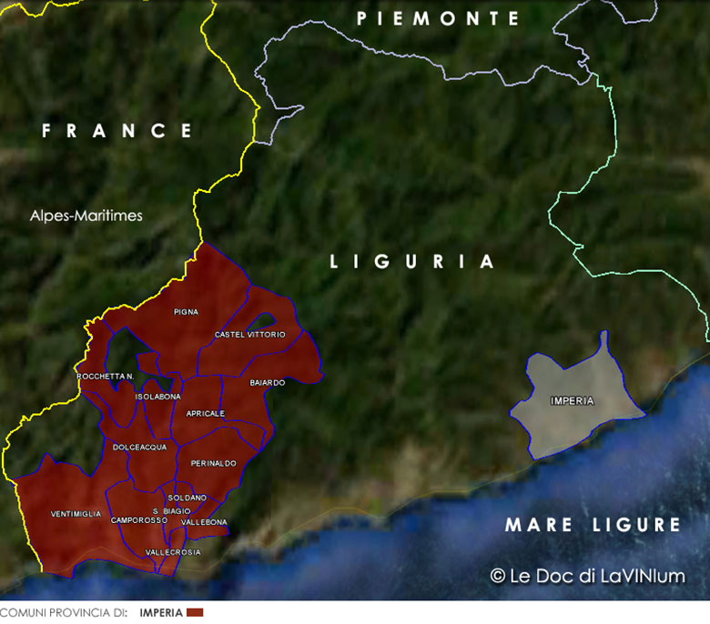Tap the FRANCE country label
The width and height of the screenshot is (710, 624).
tap(117, 131)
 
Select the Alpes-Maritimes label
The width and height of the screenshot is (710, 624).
tap(86, 216)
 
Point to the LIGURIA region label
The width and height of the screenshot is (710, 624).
tap(412, 262)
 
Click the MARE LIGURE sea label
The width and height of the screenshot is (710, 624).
tap(593, 525)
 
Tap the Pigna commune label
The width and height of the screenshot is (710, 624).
tap(186, 312)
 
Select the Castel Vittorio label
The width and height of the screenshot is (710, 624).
tap(249, 335)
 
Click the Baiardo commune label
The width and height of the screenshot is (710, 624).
tap(267, 383)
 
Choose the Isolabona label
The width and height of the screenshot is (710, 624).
tap(157, 397)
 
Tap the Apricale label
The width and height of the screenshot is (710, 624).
tap(205, 413)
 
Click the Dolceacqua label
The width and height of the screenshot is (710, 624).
tap(139, 448)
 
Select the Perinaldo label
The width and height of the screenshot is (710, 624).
tap(214, 464)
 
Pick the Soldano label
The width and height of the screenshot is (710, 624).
tap(188, 498)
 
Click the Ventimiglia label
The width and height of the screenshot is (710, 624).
tap(76, 514)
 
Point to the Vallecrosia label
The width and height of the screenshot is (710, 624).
tap(173, 552)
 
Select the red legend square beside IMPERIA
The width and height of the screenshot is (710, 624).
tap(195, 613)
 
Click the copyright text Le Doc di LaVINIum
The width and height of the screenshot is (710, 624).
tap(587, 576)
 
